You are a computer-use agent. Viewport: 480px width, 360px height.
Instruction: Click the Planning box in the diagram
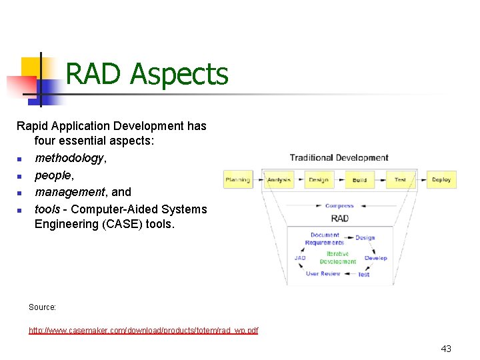pos(237,179)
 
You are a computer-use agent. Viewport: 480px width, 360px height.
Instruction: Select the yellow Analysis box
pos(279,179)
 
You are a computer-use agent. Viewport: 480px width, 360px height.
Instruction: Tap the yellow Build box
pos(359,180)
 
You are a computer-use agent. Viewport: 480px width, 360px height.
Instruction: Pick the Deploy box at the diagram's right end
pos(441,179)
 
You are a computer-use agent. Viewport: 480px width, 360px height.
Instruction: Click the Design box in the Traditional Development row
pos(319,179)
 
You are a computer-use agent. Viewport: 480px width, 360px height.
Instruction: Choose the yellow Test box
pos(400,179)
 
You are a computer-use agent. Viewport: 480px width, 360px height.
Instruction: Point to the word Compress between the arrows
pos(339,206)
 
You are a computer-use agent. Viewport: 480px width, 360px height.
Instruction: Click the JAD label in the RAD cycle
pos(300,258)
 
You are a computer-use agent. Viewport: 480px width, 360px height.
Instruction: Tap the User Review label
pos(323,273)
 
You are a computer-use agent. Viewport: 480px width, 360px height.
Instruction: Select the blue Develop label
pos(375,258)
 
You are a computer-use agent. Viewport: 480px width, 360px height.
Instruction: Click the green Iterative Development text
pos(338,258)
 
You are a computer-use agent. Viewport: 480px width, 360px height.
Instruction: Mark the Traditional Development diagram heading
pos(339,158)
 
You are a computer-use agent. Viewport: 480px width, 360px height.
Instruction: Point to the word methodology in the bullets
pos(69,158)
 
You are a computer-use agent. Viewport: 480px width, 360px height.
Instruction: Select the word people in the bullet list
pos(53,175)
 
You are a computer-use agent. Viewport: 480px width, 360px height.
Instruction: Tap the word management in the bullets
pos(69,192)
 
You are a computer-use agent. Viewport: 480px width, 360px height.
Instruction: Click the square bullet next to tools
pos(20,210)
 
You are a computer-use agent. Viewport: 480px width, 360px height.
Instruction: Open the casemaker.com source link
pos(143,330)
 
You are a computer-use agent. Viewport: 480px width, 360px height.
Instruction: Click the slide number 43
pos(446,349)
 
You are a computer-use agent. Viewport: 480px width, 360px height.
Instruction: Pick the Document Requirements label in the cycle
pos(325,239)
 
